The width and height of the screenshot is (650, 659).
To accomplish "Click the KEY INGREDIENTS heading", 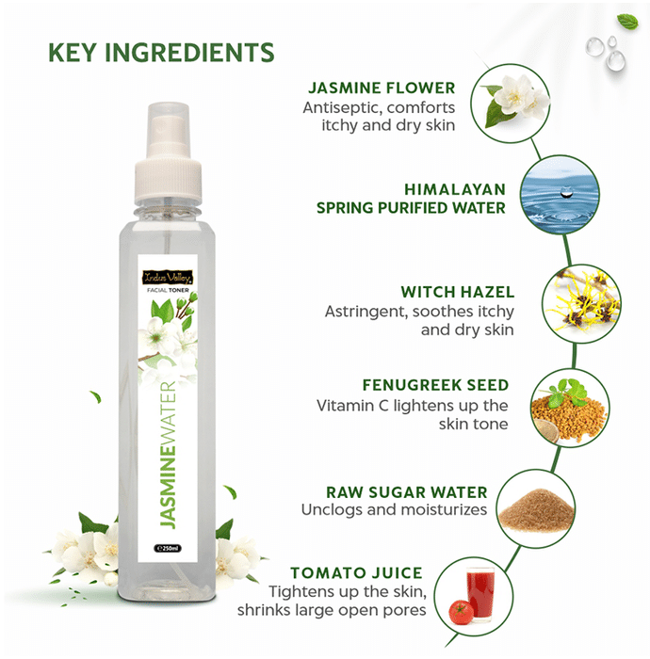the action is click(161, 53).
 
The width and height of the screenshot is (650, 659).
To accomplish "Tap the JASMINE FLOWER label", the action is click(382, 88).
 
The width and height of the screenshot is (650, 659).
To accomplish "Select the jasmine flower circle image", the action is click(511, 103).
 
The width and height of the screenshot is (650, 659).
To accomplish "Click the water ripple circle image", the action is click(560, 195).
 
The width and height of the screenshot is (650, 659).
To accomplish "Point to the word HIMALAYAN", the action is click(455, 189).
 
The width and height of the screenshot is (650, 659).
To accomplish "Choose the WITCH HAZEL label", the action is click(458, 292).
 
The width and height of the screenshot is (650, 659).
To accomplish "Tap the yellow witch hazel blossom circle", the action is click(581, 303).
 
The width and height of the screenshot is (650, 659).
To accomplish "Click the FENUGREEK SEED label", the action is click(435, 385).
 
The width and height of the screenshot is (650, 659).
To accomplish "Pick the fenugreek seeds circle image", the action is click(570, 408).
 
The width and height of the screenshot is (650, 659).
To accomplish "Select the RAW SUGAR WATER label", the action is click(407, 492).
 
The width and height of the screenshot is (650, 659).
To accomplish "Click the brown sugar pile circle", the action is click(536, 509).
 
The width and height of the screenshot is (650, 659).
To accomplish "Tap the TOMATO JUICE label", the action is click(356, 572).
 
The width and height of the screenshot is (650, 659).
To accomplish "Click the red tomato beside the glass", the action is click(461, 612).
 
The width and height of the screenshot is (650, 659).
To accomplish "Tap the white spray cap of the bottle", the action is click(169, 153).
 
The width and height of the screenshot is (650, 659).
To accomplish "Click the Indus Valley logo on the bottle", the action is click(168, 278).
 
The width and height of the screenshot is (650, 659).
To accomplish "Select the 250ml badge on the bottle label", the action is click(168, 549).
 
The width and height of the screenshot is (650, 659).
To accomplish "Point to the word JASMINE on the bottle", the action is click(168, 482).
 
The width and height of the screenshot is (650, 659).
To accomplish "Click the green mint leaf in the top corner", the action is click(627, 21).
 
